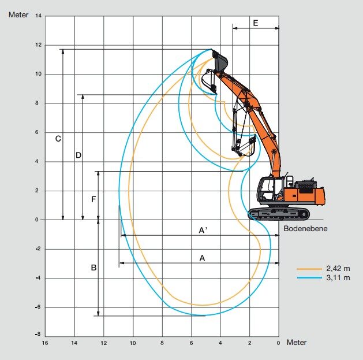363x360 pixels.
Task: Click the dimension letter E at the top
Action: (x=255, y=23)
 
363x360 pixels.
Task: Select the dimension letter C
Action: (x=58, y=139)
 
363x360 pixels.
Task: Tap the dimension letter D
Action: (x=78, y=155)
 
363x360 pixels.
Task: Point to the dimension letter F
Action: (x=93, y=199)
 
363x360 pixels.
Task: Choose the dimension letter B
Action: (x=93, y=268)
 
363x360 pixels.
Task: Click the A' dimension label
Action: (x=203, y=230)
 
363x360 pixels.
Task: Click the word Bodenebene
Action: (x=305, y=229)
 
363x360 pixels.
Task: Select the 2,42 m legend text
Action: (x=338, y=269)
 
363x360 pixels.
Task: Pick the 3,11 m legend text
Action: (x=338, y=277)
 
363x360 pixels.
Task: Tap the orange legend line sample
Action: (x=309, y=269)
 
